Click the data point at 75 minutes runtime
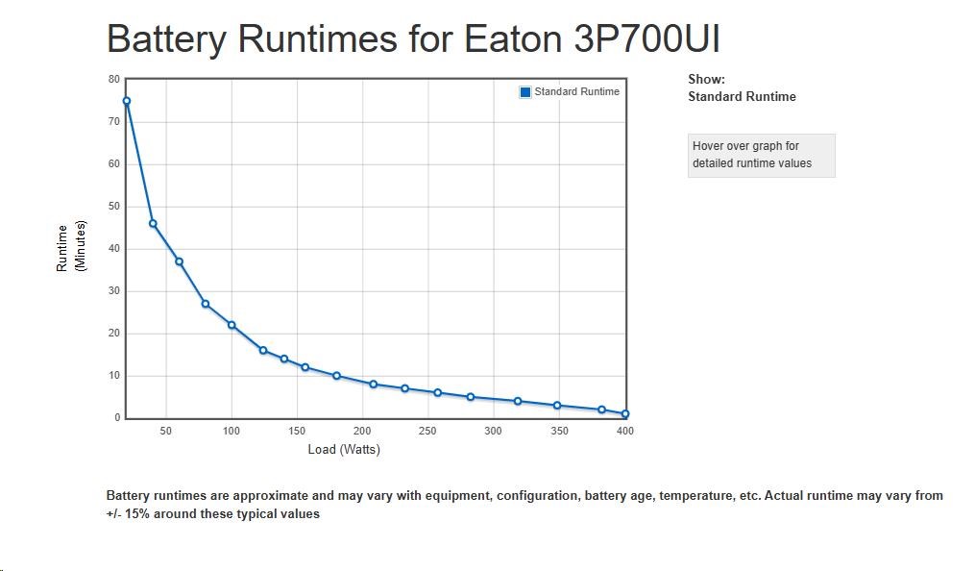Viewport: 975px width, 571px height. pos(126,101)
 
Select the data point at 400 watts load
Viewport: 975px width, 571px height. pos(625,414)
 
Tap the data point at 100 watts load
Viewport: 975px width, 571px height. pos(232,325)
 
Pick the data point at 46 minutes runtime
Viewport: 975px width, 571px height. pos(153,223)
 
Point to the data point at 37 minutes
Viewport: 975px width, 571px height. pos(179,261)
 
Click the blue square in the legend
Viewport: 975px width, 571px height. pos(525,92)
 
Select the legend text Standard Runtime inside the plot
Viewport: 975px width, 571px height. pos(576,92)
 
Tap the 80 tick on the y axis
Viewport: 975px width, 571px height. pos(114,79)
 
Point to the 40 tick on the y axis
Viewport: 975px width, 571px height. pos(114,248)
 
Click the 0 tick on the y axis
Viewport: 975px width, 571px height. pos(117,418)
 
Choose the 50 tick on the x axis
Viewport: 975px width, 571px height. pos(166,432)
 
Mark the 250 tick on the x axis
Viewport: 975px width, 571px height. pos(428,432)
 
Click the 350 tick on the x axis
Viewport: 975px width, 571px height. pos(559,432)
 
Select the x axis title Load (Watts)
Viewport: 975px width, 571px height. pos(344,450)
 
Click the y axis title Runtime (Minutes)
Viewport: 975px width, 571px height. pos(70,248)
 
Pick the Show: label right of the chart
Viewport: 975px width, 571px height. pos(706,80)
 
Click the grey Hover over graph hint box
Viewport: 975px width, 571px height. pos(761,155)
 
